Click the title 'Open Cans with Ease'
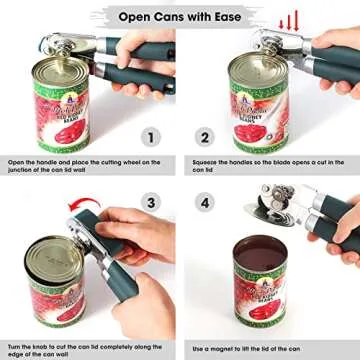(180, 16)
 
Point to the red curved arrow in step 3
(76, 208)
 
